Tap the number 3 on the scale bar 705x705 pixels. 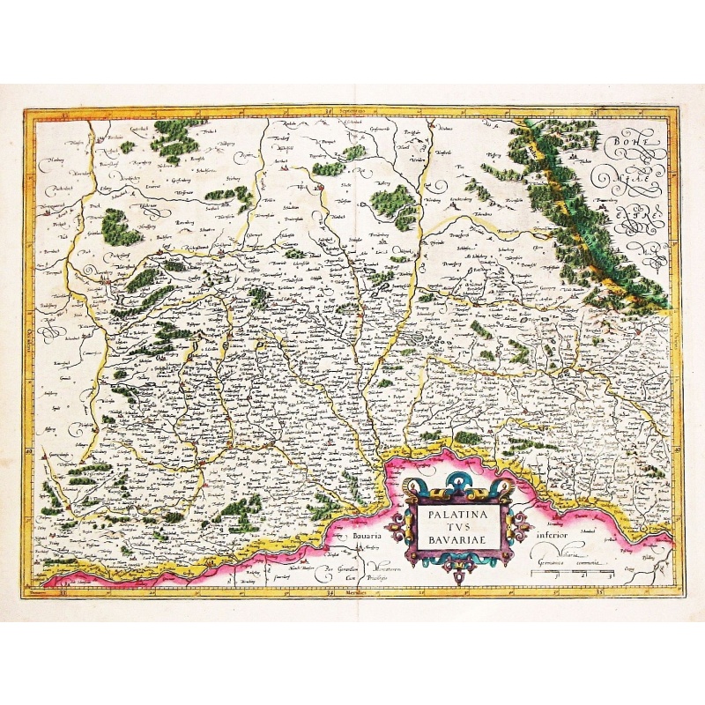click(610, 575)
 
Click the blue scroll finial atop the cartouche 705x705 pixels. click(456, 482)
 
